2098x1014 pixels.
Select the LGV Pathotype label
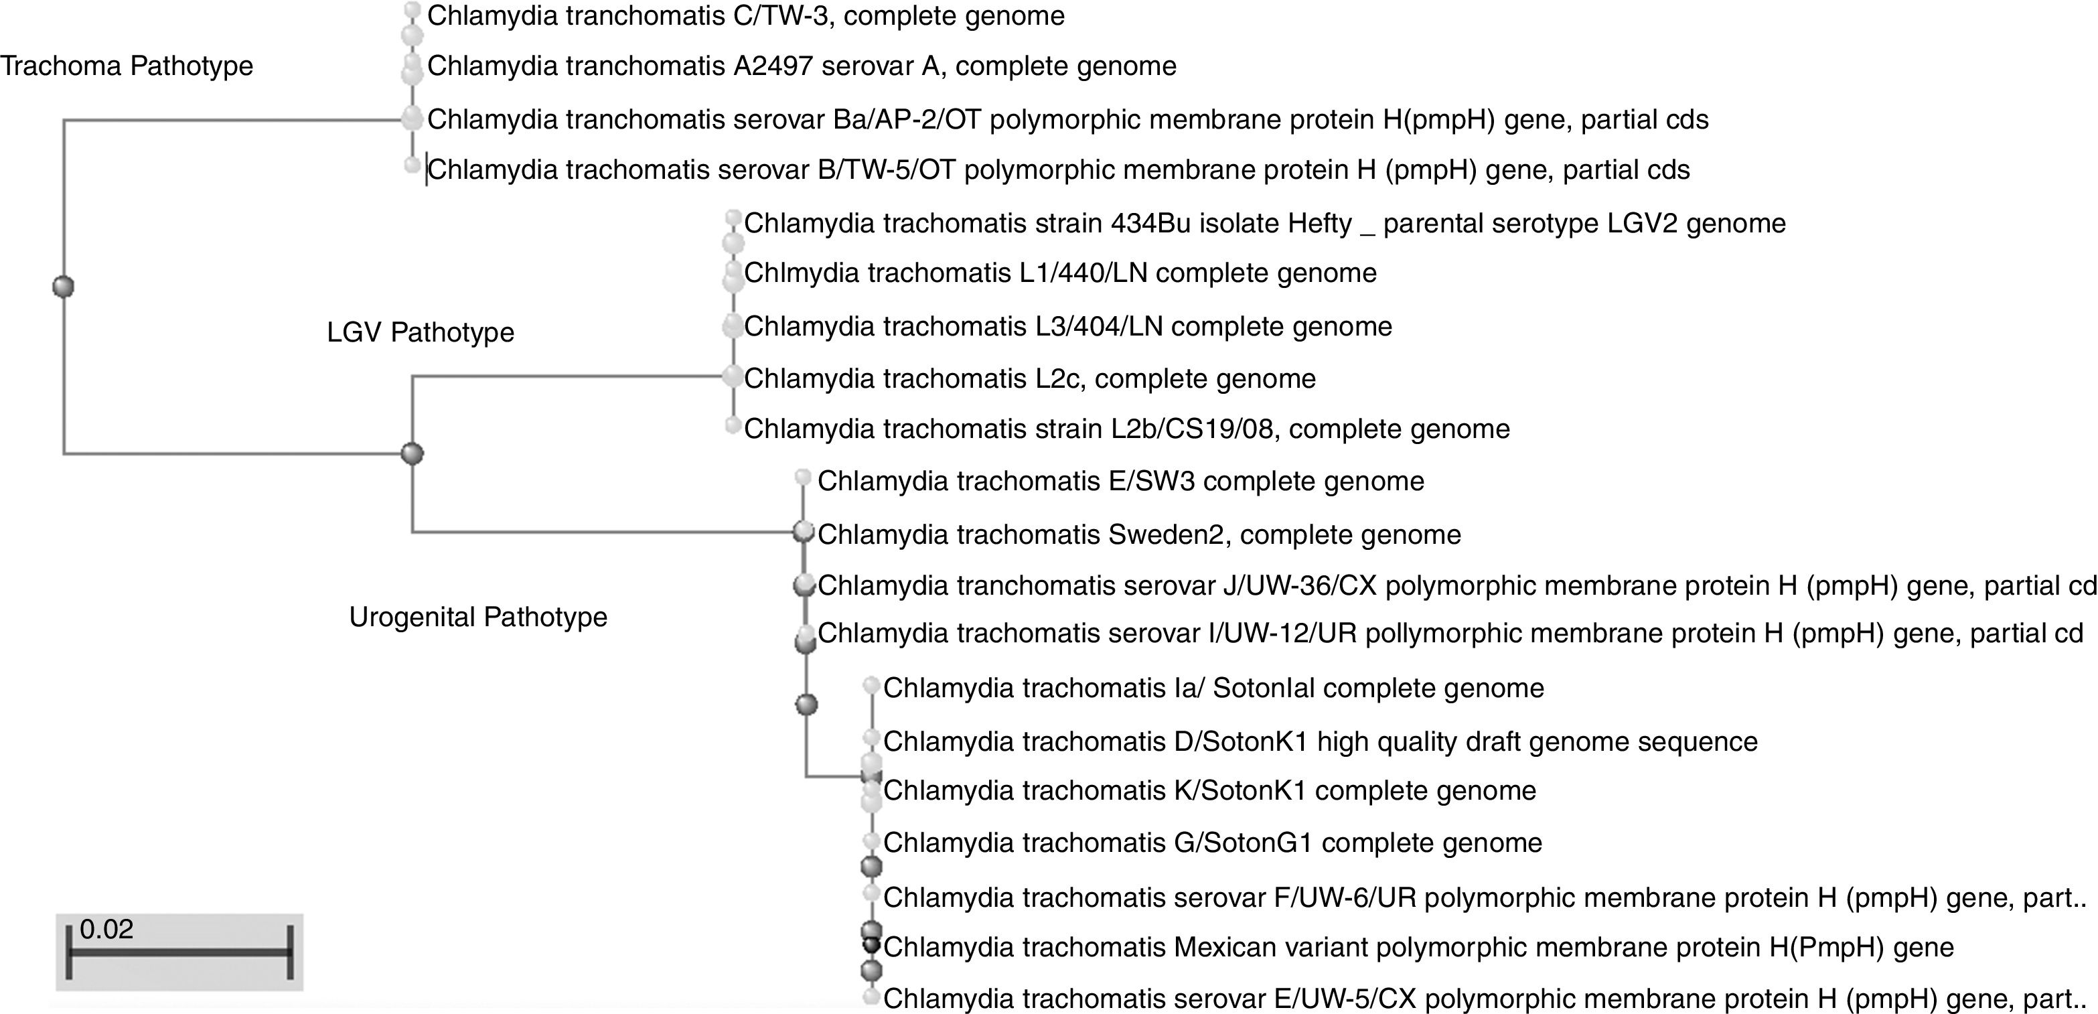(421, 332)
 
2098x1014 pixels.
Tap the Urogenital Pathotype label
(478, 618)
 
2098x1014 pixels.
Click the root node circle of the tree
(63, 287)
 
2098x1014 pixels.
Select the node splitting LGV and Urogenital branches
(413, 453)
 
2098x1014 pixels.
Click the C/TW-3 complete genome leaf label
(745, 16)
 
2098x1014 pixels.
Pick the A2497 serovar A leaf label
(802, 66)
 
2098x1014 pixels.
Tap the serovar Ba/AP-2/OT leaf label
(1067, 120)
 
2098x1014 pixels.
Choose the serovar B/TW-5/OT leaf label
(1058, 169)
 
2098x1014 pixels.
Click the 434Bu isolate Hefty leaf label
(1264, 223)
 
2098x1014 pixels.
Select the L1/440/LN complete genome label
(1059, 273)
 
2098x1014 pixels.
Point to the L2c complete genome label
(1029, 378)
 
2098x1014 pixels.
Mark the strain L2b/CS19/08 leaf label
(1126, 429)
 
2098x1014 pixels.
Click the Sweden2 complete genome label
(1138, 535)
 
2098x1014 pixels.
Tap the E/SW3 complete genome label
(1121, 482)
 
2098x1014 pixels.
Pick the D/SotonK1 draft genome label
(1319, 742)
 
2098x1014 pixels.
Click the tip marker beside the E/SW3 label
(803, 476)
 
